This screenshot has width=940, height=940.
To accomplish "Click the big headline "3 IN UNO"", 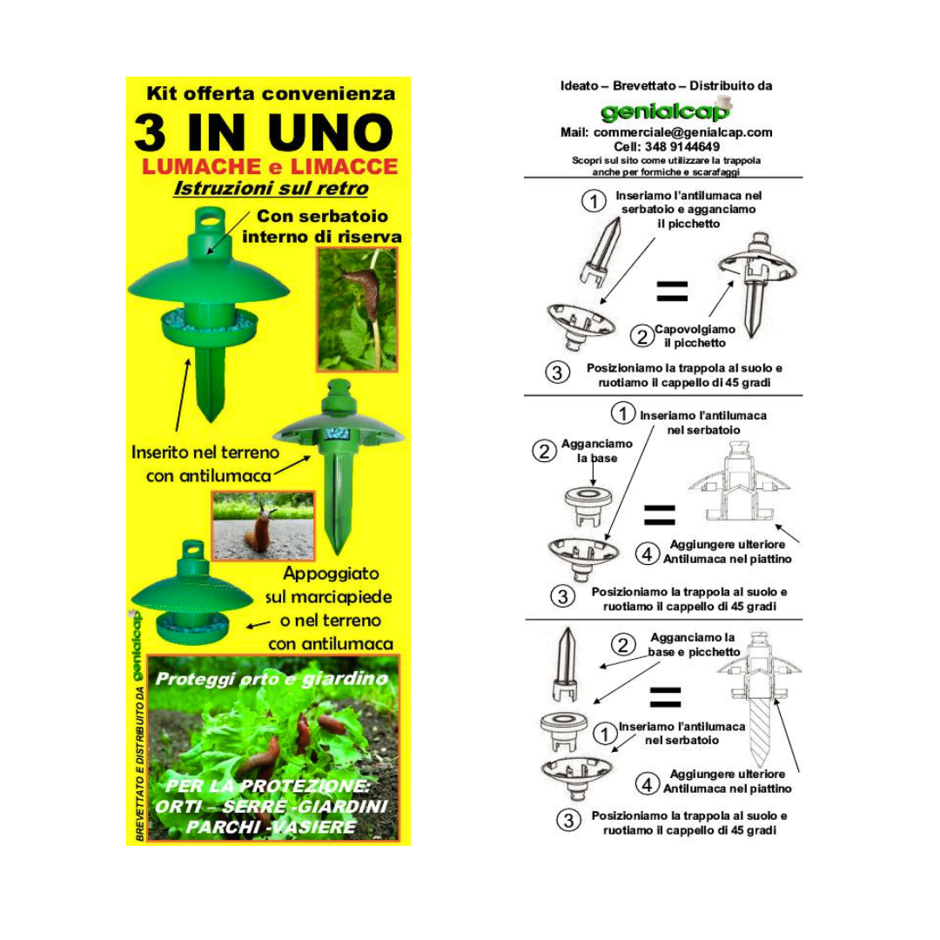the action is tap(264, 132).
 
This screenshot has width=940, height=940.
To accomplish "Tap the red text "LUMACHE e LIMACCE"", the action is tap(270, 166).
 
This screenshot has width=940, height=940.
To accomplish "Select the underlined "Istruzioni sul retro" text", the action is tap(271, 188).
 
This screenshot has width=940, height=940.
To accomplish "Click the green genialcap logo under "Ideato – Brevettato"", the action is tap(666, 111).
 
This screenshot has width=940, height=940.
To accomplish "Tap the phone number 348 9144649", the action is tap(682, 147).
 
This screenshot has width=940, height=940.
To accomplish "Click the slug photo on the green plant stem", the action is tap(358, 310).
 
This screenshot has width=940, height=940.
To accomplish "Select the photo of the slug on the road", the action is tap(263, 526).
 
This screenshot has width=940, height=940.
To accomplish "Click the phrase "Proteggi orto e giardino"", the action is tap(272, 679).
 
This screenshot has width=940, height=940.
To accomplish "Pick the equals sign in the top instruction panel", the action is tap(672, 291).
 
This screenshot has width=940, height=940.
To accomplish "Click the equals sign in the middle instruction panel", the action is tap(660, 515).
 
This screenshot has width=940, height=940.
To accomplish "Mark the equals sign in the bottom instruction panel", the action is tap(666, 697).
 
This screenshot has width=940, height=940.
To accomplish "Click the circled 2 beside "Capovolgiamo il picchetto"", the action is tap(642, 336).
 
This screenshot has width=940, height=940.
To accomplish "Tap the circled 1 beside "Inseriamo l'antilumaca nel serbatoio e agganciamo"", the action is tap(594, 201).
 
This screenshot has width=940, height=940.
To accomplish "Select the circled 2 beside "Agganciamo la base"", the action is tap(544, 450).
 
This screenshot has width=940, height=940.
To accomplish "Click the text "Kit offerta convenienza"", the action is tap(271, 93).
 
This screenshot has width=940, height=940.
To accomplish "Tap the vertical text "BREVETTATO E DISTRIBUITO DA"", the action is tap(139, 764).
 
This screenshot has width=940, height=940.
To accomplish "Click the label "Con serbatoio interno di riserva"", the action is tap(322, 226).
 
